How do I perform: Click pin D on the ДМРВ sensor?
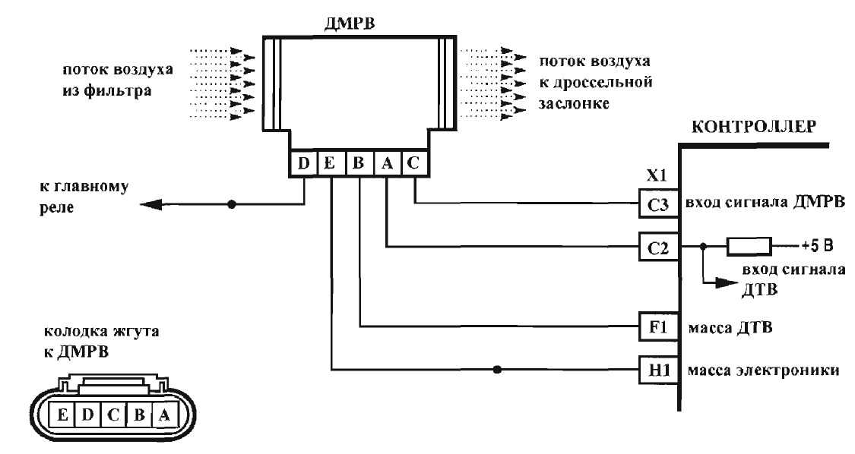tap(303, 163)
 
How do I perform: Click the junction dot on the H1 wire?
tap(497, 370)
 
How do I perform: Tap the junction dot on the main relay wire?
tap(231, 204)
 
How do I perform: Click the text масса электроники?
tap(763, 370)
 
